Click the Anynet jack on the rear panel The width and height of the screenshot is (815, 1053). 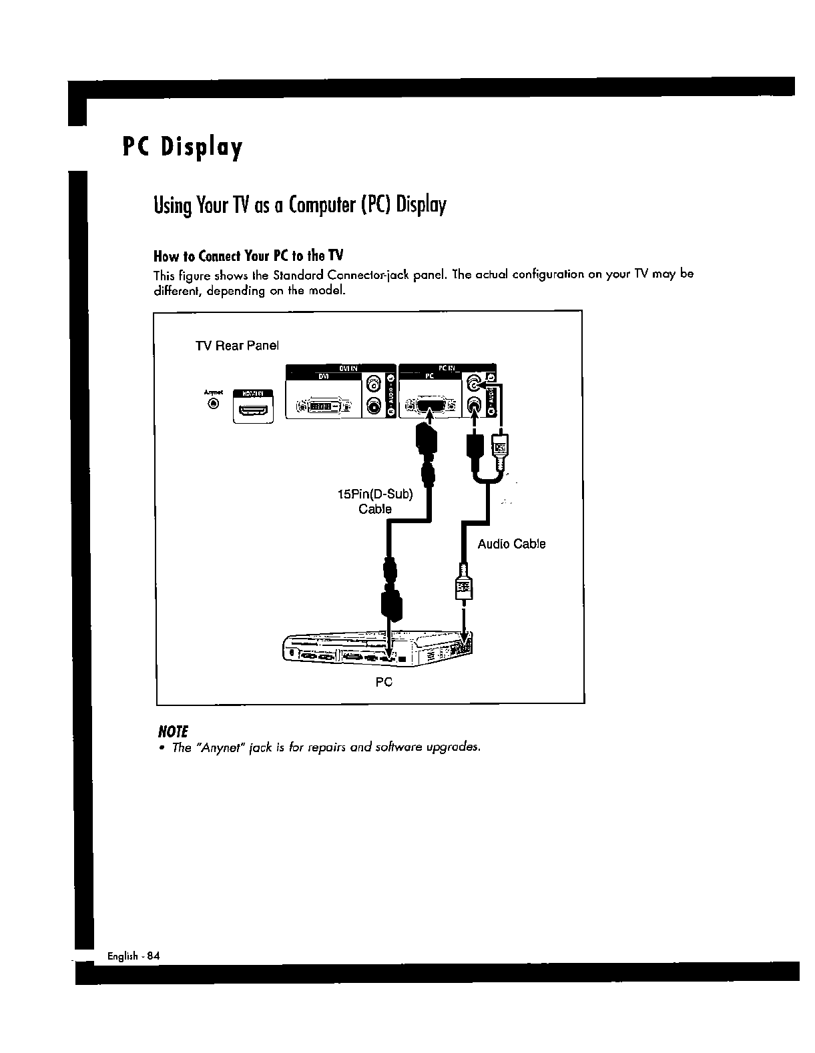pos(213,403)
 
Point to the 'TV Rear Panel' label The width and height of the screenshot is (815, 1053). pos(236,346)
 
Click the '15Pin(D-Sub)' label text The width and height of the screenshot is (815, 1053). pos(375,494)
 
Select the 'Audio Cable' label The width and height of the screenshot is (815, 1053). pos(511,544)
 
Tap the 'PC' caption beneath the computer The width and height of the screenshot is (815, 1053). pos(383,682)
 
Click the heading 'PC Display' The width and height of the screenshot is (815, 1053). pos(182,147)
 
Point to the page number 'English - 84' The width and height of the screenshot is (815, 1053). pos(133,956)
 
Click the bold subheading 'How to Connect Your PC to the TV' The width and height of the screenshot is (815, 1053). pos(248,256)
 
